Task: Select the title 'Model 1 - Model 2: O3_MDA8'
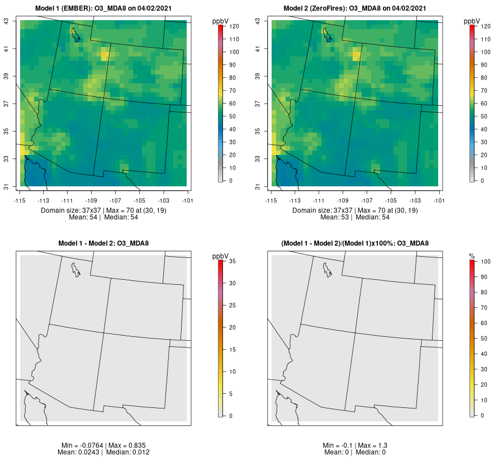pyautogui.click(x=103, y=243)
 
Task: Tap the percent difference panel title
pyautogui.click(x=355, y=243)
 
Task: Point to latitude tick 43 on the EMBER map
pyautogui.click(x=7, y=21)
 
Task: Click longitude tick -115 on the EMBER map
pyautogui.click(x=20, y=200)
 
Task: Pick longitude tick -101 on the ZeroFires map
pyautogui.click(x=438, y=200)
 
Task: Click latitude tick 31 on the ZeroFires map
pyautogui.click(x=258, y=186)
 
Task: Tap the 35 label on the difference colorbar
pyautogui.click(x=232, y=261)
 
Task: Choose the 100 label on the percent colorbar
pyautogui.click(x=485, y=261)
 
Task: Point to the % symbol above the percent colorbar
pyautogui.click(x=472, y=256)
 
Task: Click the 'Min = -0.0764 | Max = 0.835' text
pyautogui.click(x=103, y=445)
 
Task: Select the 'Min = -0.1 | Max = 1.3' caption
pyautogui.click(x=355, y=445)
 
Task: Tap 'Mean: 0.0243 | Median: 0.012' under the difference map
pyautogui.click(x=103, y=452)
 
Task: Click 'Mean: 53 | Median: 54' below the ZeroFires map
pyautogui.click(x=355, y=217)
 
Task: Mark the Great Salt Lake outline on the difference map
pyautogui.click(x=74, y=270)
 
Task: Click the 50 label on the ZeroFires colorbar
pyautogui.click(x=485, y=116)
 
